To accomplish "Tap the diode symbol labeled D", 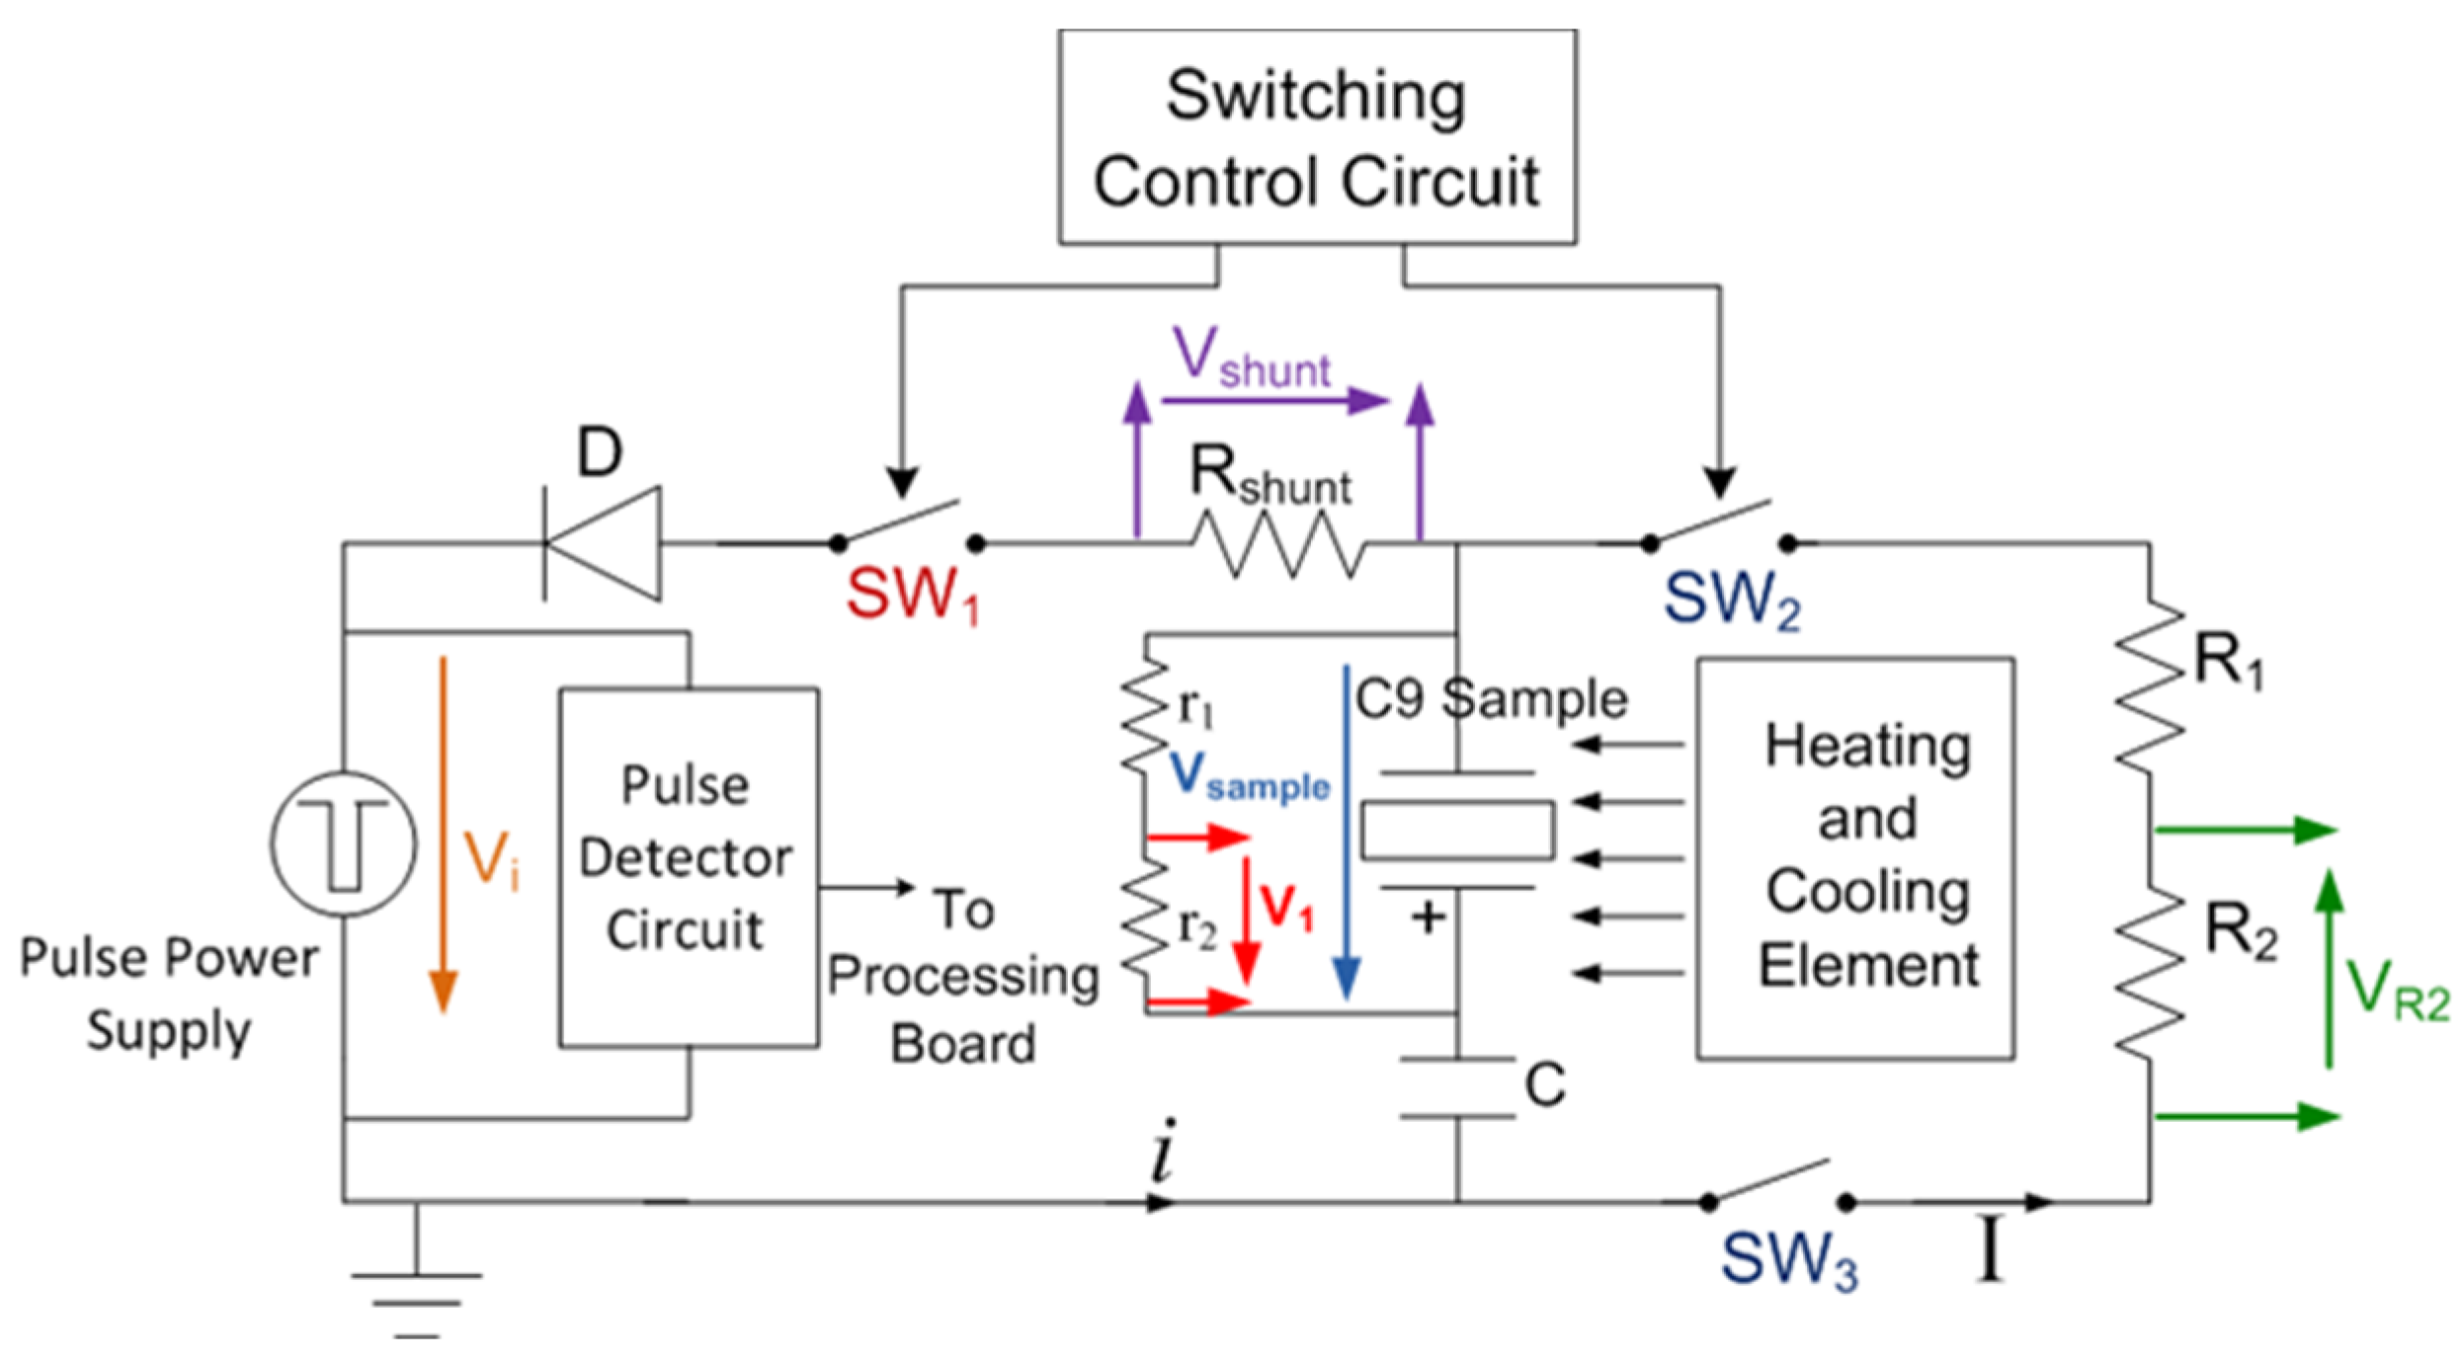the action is click(602, 543).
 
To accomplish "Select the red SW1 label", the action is click(912, 596).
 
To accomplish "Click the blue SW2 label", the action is click(1732, 600).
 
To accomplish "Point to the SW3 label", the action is click(1789, 1260).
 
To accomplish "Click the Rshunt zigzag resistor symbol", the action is click(1276, 543).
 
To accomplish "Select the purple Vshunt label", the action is click(1251, 357).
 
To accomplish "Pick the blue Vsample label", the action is click(1250, 776).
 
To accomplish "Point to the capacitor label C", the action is click(1545, 1084).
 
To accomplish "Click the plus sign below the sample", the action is click(1429, 919).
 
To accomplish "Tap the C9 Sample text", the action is click(1491, 699).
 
